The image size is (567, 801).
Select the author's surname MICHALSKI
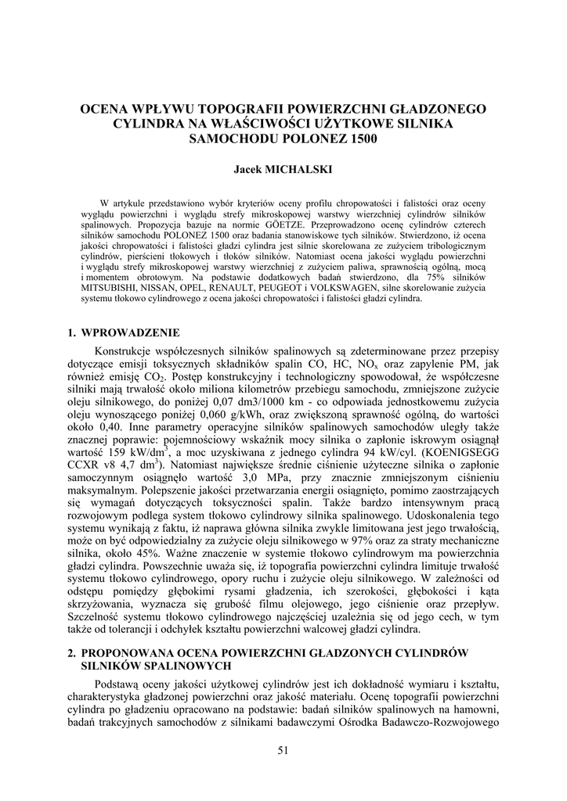point(302,169)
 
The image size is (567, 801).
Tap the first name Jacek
point(249,169)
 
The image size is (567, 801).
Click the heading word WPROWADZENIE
point(131,332)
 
